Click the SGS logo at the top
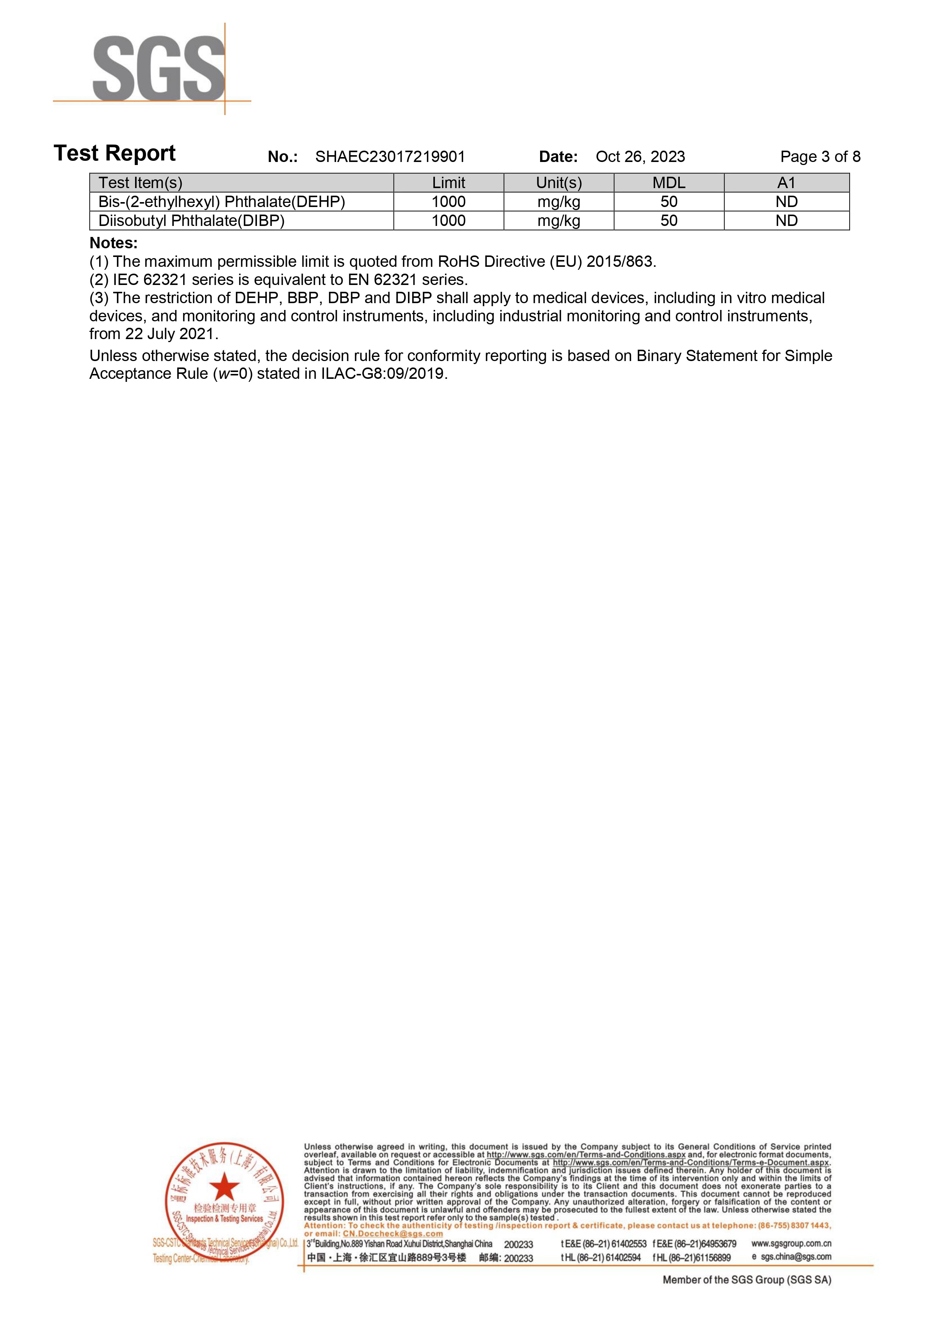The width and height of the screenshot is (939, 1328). (x=159, y=68)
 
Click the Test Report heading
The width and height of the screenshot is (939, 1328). (x=115, y=153)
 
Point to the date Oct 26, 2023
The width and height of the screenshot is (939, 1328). (x=640, y=157)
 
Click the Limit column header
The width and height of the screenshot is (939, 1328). (x=448, y=183)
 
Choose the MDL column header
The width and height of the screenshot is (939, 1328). (x=669, y=183)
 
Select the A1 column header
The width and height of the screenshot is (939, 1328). (x=786, y=183)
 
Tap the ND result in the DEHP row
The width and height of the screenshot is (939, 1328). (x=786, y=202)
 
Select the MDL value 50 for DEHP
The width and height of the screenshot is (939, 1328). (x=669, y=202)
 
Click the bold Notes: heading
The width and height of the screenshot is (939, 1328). (x=114, y=243)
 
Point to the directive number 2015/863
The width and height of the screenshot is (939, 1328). (x=619, y=262)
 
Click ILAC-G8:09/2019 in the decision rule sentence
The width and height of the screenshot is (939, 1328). (x=383, y=374)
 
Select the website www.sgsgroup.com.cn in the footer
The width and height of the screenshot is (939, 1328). (x=791, y=1243)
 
